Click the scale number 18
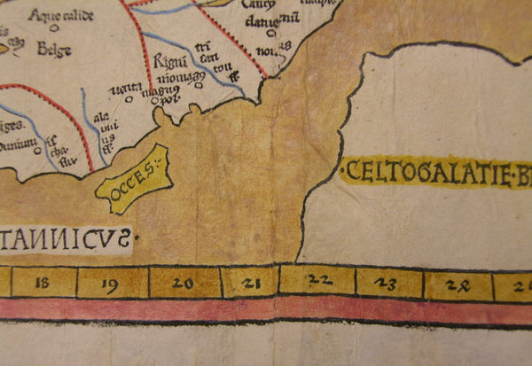coord(42,284)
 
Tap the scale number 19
coord(111,284)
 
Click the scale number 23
coord(387,284)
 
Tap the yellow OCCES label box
coord(132,178)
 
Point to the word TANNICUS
coord(66,238)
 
